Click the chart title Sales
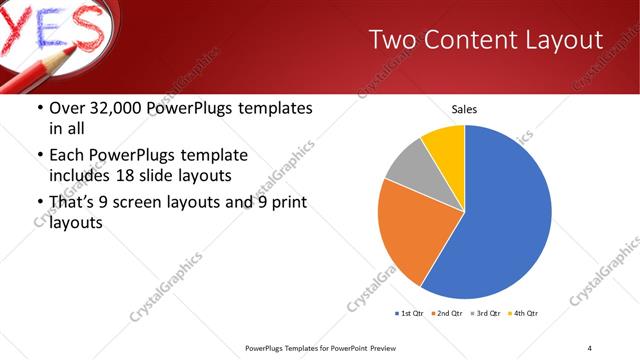coord(464,108)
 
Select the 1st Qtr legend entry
coord(411,314)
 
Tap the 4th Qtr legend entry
coord(526,314)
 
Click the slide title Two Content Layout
coord(485,40)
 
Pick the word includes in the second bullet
coord(83,176)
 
